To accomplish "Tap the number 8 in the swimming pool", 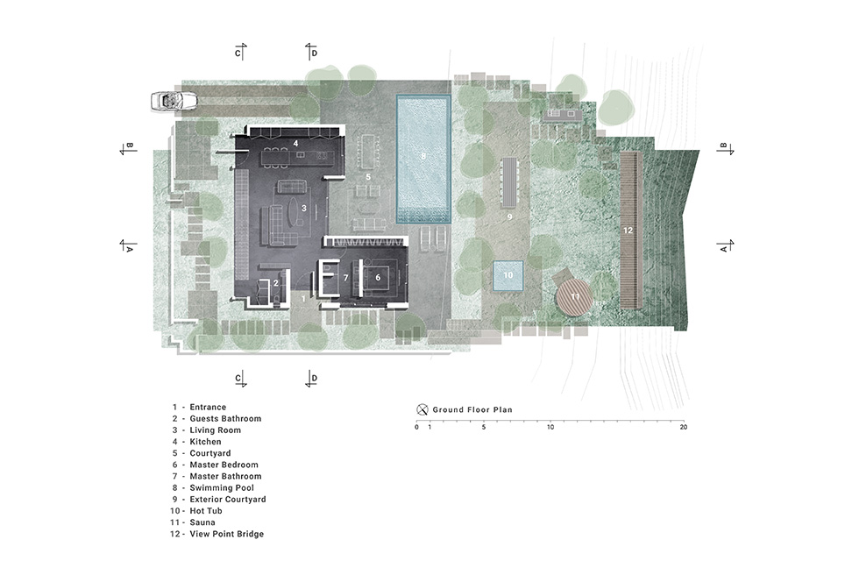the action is [423, 156].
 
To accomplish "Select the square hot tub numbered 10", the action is [508, 275].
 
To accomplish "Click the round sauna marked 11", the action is [574, 297].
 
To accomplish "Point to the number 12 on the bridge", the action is [628, 231].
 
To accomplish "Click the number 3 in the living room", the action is [304, 208].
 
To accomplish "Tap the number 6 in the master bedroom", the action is [378, 278].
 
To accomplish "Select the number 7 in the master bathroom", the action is [346, 278].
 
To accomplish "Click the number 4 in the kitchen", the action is [295, 144].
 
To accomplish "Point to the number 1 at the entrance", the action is [303, 298].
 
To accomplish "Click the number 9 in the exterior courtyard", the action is [509, 217].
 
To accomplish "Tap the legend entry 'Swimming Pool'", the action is [222, 487].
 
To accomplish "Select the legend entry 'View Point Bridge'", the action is [226, 534].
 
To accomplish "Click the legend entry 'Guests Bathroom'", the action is [225, 419].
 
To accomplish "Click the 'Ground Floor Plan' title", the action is [472, 409].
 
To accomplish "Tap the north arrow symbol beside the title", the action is [422, 409].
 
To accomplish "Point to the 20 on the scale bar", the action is [684, 428].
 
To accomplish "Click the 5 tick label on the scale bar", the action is [483, 428].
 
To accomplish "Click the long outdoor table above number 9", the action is [509, 182].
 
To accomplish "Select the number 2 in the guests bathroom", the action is [276, 283].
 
